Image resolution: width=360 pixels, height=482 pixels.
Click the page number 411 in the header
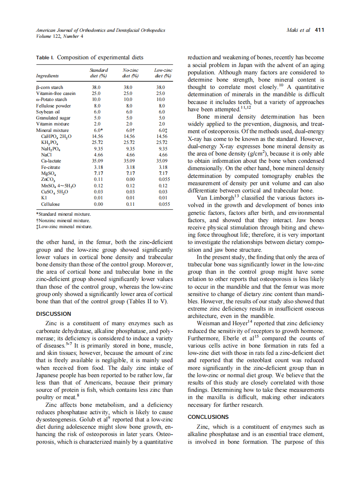point(319,30)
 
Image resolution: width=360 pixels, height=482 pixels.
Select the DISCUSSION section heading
point(54,314)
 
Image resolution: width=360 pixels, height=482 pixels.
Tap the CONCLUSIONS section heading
point(208,417)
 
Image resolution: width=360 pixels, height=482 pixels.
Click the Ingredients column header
point(47,76)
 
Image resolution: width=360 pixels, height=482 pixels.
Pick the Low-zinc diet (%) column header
point(163,73)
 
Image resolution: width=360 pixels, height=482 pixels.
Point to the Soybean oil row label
point(49,111)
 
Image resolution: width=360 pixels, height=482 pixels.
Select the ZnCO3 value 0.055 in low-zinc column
point(163,179)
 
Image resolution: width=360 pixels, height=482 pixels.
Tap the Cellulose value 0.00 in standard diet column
point(98,204)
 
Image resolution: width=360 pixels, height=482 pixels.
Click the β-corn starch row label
point(49,87)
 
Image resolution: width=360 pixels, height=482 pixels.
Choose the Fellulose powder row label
point(53,105)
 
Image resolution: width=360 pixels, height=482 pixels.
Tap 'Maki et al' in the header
point(298,30)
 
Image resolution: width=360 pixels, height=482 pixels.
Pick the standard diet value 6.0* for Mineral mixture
point(98,130)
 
